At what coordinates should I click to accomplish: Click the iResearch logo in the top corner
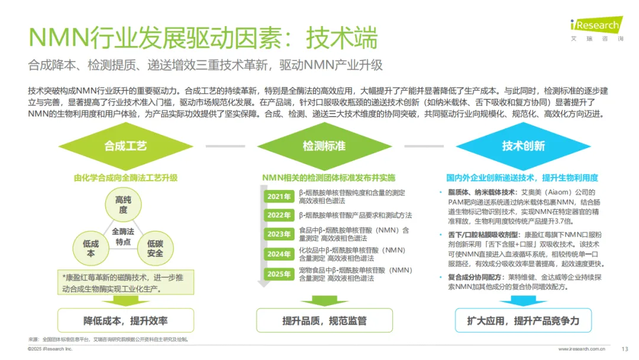595,27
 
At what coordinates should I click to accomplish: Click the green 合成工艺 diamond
125,146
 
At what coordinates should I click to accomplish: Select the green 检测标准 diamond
324,146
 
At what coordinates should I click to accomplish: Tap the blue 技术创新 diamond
523,146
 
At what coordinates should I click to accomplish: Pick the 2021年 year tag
279,197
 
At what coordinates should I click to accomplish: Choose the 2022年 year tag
279,215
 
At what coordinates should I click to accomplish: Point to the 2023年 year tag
279,234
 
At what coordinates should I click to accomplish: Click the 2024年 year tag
279,254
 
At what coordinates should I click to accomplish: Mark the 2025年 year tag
279,274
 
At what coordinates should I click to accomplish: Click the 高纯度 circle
123,205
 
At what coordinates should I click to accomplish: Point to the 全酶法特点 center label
123,237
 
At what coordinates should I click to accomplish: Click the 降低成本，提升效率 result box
125,321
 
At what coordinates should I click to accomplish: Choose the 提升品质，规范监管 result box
324,321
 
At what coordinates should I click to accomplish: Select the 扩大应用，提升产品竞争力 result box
523,321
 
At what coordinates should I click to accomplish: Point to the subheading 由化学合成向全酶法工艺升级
125,178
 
